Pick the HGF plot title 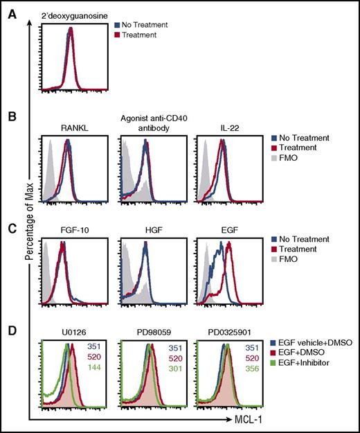[143, 230]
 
